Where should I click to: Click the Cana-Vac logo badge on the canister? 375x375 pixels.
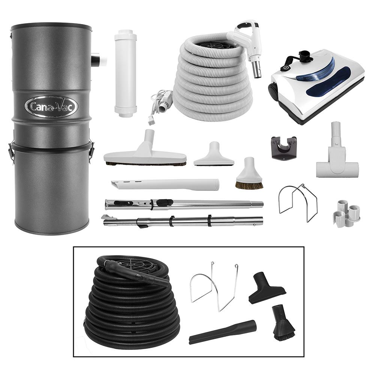[51, 106]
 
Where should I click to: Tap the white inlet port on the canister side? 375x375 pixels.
[99, 60]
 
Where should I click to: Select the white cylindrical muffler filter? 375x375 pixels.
[125, 73]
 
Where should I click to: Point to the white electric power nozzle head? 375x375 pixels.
[317, 84]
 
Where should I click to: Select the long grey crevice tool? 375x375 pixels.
[165, 184]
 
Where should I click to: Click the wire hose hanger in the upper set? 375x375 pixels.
[297, 202]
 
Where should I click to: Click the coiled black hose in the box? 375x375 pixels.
[131, 300]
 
